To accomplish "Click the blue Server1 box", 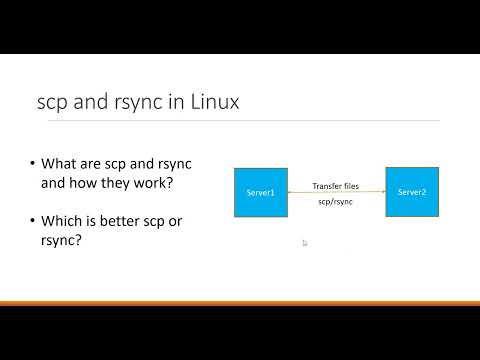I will (x=260, y=192).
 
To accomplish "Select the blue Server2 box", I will (x=412, y=191).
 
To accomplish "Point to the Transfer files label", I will (x=336, y=186).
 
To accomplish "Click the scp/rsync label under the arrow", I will (x=336, y=202).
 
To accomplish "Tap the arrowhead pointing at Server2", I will (x=383, y=192).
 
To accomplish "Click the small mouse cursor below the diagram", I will (x=305, y=242).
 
